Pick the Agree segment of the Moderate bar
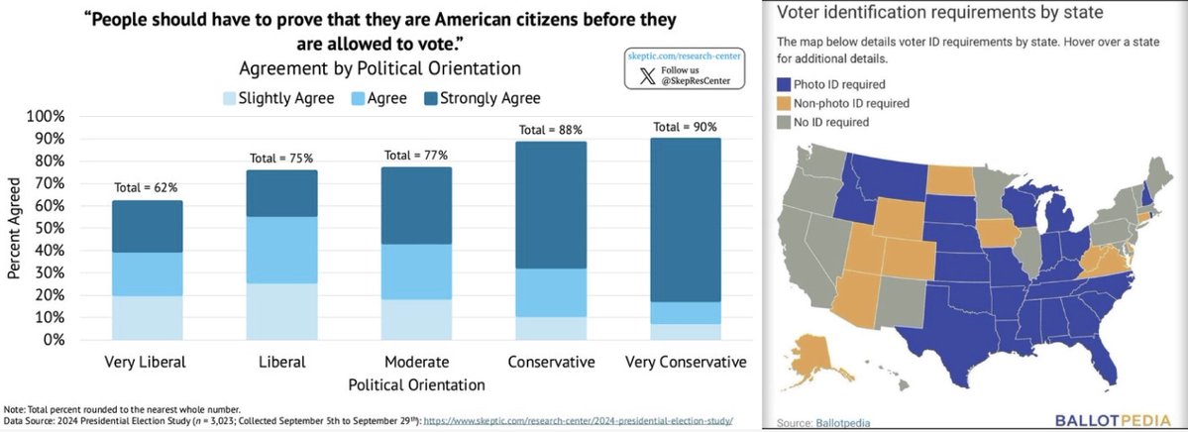pyautogui.click(x=417, y=271)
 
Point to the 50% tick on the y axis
pyautogui.click(x=50, y=227)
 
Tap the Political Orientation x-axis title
pyautogui.click(x=417, y=384)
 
